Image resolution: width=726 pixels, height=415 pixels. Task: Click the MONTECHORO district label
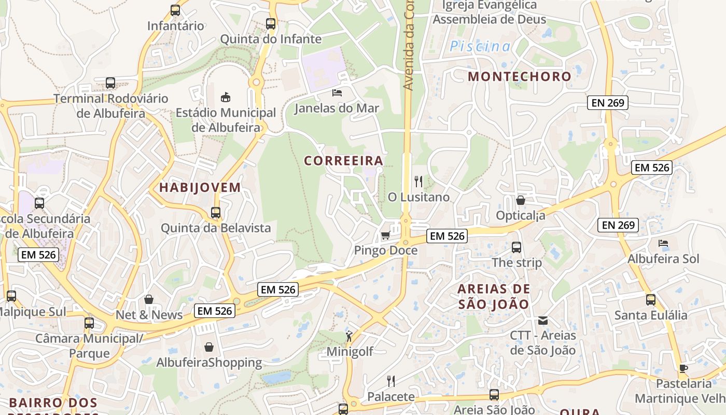pyautogui.click(x=519, y=76)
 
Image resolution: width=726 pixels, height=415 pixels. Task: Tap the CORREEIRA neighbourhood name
pyautogui.click(x=343, y=161)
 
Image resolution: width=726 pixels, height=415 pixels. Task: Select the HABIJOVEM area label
pyautogui.click(x=200, y=188)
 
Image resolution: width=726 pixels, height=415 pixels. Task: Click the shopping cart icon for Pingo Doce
pyautogui.click(x=385, y=236)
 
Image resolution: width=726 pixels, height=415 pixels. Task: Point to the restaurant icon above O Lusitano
pyautogui.click(x=418, y=182)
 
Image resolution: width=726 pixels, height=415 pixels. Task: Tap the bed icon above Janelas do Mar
pyautogui.click(x=337, y=93)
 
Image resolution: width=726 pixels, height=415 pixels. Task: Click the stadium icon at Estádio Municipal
pyautogui.click(x=226, y=97)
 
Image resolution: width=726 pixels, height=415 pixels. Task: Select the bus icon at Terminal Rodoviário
pyautogui.click(x=110, y=83)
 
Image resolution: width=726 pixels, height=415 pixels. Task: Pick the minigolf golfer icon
pyautogui.click(x=349, y=336)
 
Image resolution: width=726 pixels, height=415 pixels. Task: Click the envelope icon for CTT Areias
pyautogui.click(x=543, y=321)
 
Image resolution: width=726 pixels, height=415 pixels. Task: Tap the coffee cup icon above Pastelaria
pyautogui.click(x=683, y=369)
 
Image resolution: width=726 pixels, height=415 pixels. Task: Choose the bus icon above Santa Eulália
pyautogui.click(x=651, y=300)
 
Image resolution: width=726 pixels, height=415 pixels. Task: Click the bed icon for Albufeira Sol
pyautogui.click(x=663, y=243)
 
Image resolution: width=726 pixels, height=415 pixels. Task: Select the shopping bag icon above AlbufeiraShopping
pyautogui.click(x=209, y=347)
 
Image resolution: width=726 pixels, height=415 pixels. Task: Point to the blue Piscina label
pyautogui.click(x=480, y=47)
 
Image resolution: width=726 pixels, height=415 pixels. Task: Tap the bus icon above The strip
pyautogui.click(x=516, y=247)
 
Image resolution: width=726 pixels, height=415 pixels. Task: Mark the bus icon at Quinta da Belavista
pyautogui.click(x=216, y=213)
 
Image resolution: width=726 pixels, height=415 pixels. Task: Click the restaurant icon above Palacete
pyautogui.click(x=391, y=381)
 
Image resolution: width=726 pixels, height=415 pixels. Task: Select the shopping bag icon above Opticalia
pyautogui.click(x=521, y=200)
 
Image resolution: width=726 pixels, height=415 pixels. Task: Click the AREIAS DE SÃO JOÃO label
pyautogui.click(x=494, y=296)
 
